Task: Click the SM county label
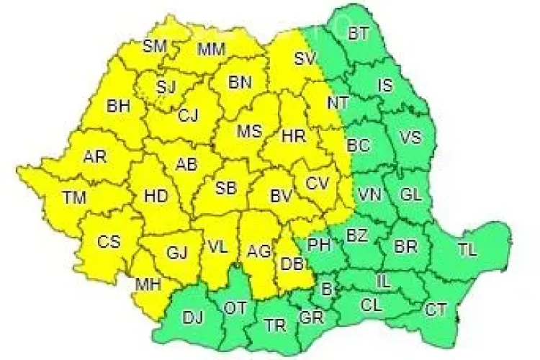153,46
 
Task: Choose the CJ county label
188,114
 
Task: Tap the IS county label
385,86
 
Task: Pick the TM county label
73,195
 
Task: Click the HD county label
156,195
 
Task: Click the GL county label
410,194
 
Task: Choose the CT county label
436,310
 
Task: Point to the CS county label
109,242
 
